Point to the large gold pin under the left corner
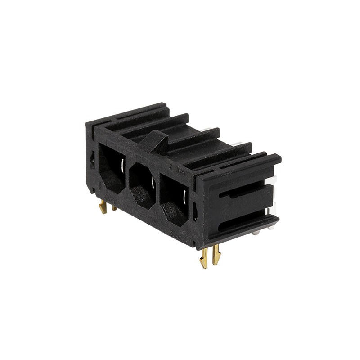coord(103,207)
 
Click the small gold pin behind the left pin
coord(114,207)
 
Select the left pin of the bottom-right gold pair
coord(204,258)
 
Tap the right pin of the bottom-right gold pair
coord(216,254)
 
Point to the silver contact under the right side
coord(256,232)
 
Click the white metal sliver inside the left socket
coord(123,167)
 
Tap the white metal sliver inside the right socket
coord(184,197)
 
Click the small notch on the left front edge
coord(92,160)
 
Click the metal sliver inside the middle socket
coord(153,183)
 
